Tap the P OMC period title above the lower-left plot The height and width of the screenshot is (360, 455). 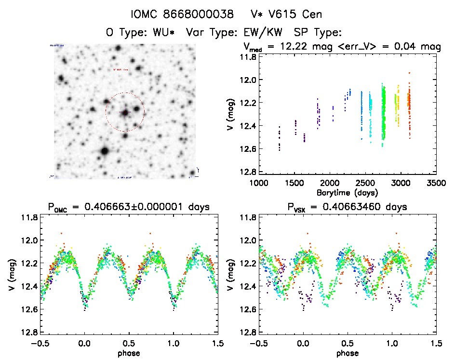click(129, 207)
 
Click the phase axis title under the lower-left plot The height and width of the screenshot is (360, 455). click(129, 353)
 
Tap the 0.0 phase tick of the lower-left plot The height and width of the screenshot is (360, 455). click(84, 343)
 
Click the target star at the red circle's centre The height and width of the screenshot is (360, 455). click(125, 112)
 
